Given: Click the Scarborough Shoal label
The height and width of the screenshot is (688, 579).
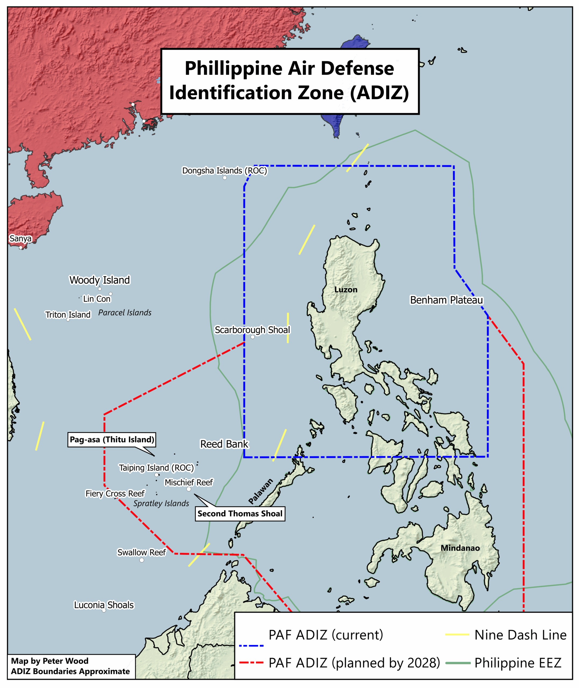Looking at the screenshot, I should point(252,330).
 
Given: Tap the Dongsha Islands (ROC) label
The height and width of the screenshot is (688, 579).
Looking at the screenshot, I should point(224,171).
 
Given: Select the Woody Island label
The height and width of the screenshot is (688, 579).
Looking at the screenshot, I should point(99,280).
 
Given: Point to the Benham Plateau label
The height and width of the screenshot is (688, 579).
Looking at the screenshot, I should point(446,300).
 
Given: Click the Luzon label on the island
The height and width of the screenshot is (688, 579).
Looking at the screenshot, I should point(346,290).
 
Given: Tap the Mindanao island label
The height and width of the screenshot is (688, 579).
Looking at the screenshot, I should point(460,548).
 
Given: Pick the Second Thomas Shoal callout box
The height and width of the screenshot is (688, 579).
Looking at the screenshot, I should point(240,514).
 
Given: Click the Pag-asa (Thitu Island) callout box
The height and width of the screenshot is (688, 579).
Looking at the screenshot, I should point(112,440).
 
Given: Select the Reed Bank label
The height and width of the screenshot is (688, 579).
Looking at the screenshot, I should point(224,444).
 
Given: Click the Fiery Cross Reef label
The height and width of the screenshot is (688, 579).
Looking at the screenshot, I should point(115,493).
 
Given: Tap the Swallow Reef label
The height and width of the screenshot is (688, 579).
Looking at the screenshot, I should point(141,553).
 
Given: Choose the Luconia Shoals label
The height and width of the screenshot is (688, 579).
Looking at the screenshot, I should point(104,605).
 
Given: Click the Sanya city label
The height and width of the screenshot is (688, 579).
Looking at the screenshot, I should point(20,239).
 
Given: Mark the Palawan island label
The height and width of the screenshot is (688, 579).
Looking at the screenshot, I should point(261,491).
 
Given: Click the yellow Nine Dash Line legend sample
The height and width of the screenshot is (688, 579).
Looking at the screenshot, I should point(457,635).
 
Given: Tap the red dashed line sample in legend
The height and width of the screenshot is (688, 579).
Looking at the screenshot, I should point(251,663).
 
